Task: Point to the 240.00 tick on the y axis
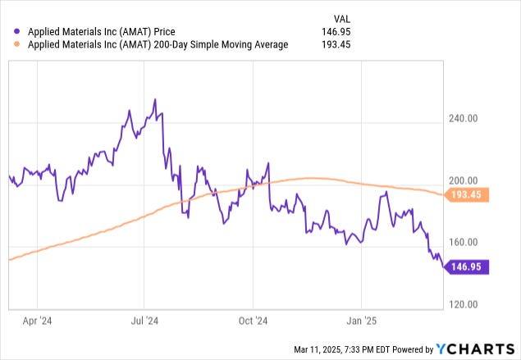(x=465, y=119)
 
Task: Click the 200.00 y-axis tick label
(x=465, y=181)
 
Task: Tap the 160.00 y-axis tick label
(x=465, y=243)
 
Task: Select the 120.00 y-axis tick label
(x=465, y=304)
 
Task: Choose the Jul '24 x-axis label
(x=144, y=321)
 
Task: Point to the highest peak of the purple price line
(x=155, y=99)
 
